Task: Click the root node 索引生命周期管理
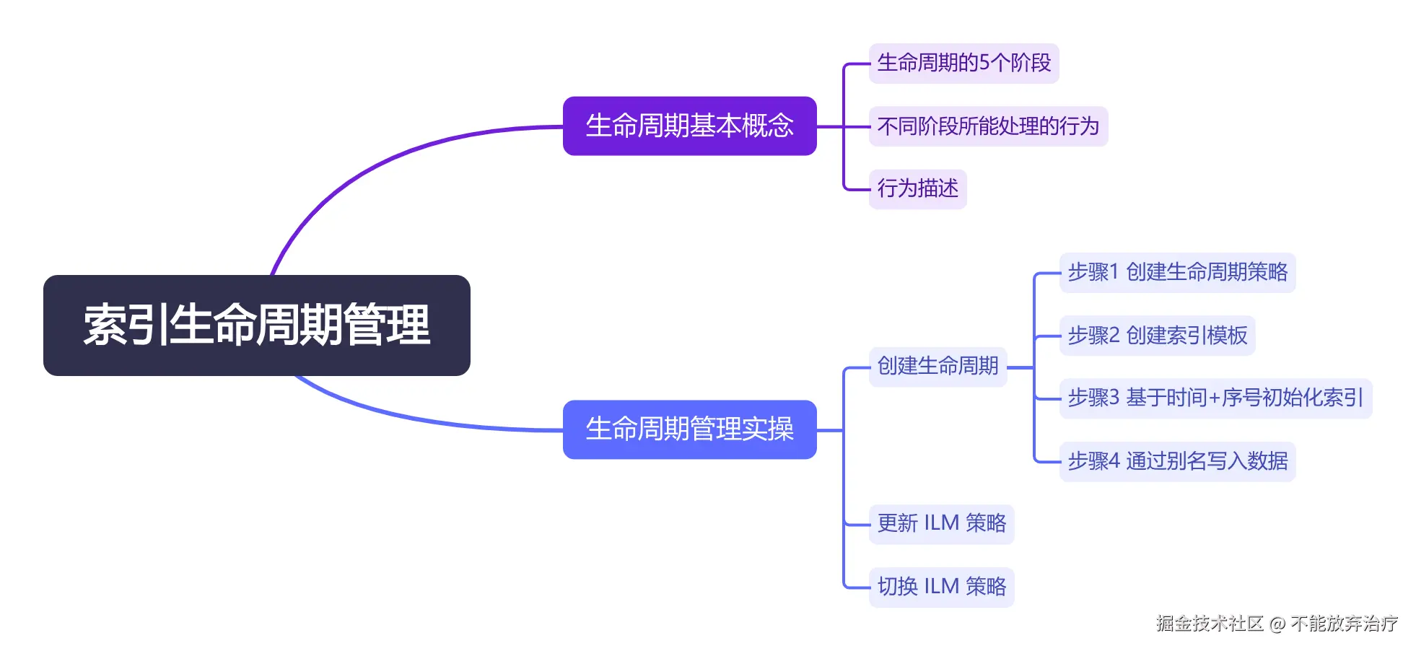pos(256,325)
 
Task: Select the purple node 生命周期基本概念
pos(689,126)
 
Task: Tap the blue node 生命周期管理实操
pos(689,429)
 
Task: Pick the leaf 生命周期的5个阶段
pos(963,63)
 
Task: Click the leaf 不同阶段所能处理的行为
pos(987,126)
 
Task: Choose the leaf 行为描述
pos(917,188)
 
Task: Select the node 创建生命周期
pos(938,366)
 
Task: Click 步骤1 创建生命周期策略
pos(1177,272)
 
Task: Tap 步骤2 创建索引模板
pos(1157,335)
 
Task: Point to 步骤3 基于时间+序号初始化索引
pos(1215,398)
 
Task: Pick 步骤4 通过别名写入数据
pos(1177,460)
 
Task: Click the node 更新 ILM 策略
pos(941,523)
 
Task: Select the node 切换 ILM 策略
pos(941,586)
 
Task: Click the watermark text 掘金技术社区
pos(1210,623)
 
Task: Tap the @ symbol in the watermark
pos(1277,624)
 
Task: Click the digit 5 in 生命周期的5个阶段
pos(984,63)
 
